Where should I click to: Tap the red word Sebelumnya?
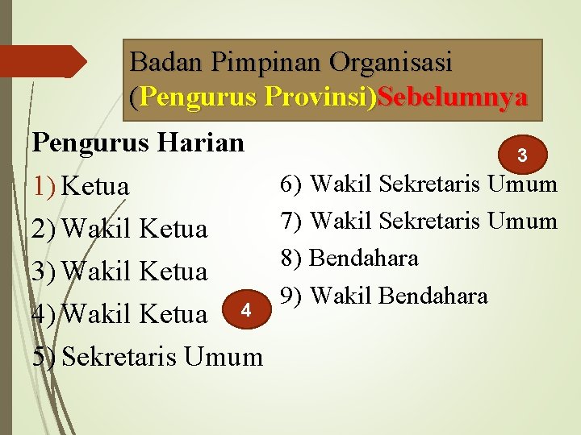(x=453, y=97)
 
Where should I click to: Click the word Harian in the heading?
(x=203, y=143)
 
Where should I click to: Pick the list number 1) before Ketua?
(x=44, y=187)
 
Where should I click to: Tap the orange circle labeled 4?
(x=247, y=310)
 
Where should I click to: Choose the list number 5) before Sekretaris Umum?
(x=44, y=355)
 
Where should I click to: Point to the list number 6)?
(x=291, y=184)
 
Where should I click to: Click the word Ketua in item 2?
(x=173, y=230)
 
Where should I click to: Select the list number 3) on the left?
(x=44, y=271)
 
